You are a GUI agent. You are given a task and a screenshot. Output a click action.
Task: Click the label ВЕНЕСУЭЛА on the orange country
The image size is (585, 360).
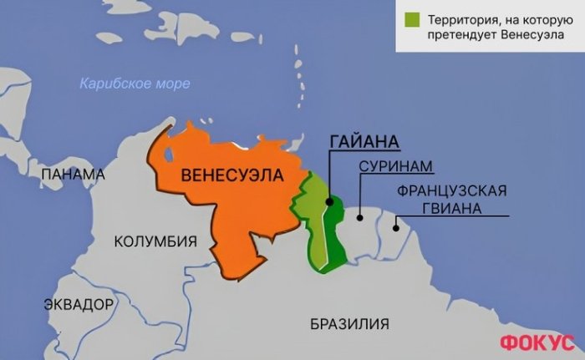(x=231, y=175)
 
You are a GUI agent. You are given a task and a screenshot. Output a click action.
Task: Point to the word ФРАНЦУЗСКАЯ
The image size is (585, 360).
(x=452, y=190)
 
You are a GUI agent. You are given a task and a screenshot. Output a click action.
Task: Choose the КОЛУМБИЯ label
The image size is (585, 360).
(x=155, y=242)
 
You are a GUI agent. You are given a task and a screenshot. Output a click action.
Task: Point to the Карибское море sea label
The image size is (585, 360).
(x=135, y=84)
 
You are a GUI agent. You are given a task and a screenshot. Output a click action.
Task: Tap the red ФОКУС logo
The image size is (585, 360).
(x=537, y=342)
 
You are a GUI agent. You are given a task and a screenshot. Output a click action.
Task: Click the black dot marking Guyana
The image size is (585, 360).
(x=328, y=201)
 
